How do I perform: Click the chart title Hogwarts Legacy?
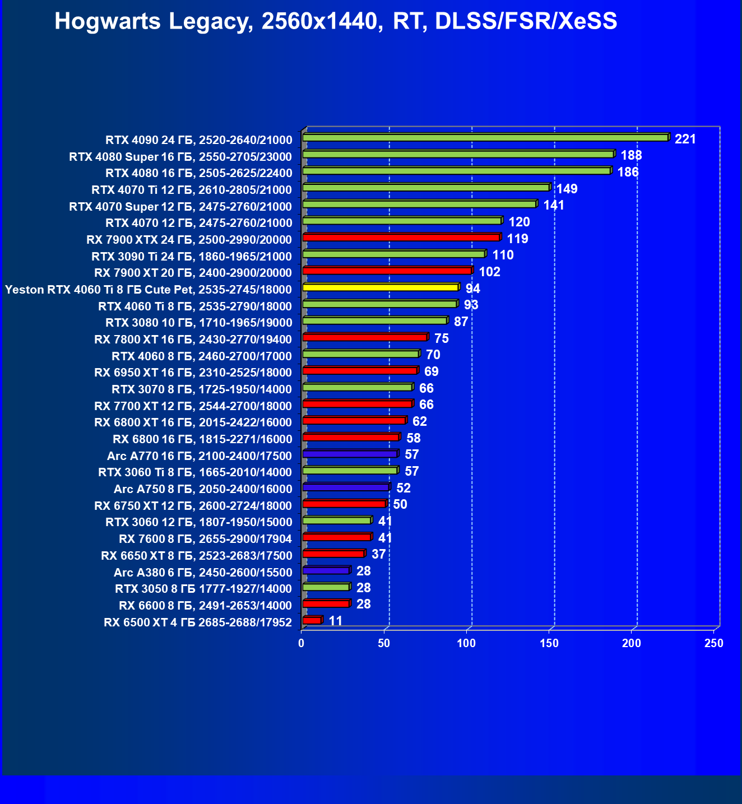coord(336,22)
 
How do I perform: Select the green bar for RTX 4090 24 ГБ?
coord(485,138)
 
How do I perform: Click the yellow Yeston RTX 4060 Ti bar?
coord(381,287)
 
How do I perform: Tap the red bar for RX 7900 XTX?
coord(401,238)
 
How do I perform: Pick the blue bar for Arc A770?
coord(350,454)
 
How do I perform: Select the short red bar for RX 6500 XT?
coord(312,620)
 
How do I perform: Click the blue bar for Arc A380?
coord(326,570)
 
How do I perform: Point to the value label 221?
coord(685,139)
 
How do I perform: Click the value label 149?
coord(567,189)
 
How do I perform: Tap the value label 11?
coord(335,621)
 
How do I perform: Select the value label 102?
coord(489,272)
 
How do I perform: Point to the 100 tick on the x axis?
coord(466,643)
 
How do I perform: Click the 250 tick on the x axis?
coord(714,643)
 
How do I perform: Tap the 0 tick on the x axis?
coord(302,643)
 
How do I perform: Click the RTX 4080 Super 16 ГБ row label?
coord(180,156)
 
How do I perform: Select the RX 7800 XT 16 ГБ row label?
coord(193,340)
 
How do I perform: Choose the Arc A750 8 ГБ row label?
coord(202,489)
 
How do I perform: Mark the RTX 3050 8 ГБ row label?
coord(203,589)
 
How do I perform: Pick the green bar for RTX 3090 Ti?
coord(393,254)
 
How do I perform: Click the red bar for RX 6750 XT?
coord(344,504)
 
